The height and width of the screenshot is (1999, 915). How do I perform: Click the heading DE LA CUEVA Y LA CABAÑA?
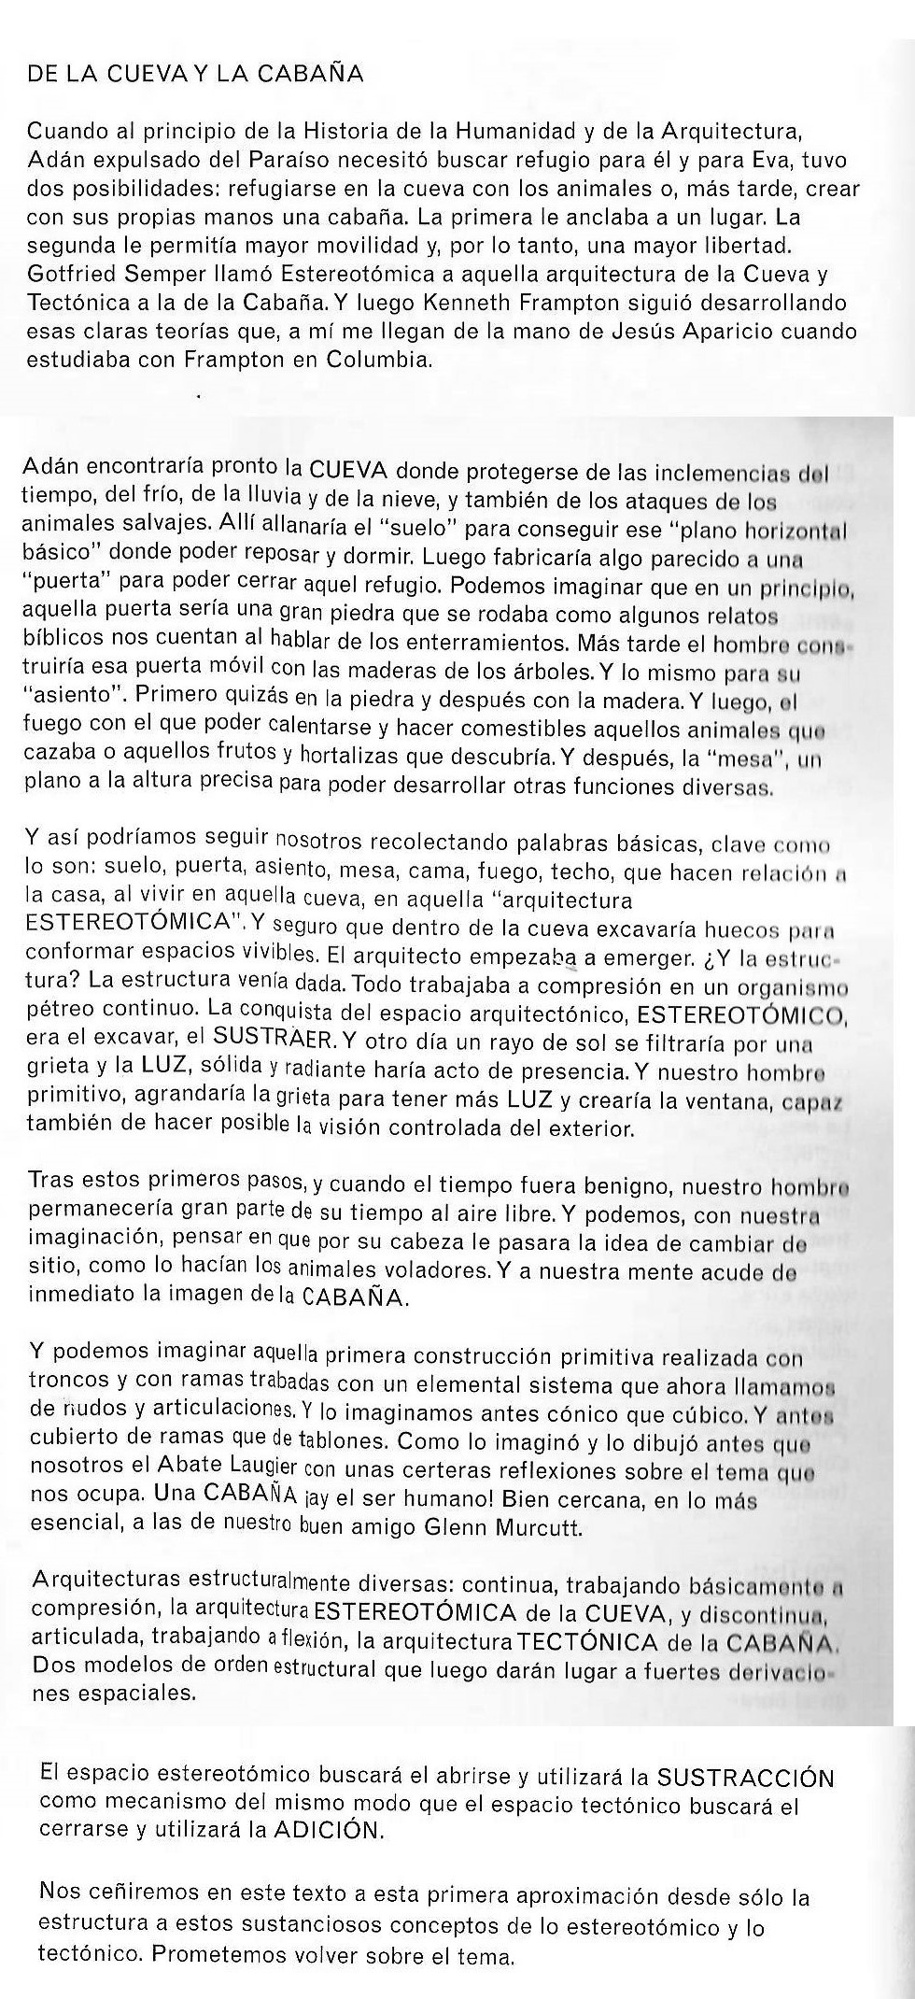pyautogui.click(x=195, y=75)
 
